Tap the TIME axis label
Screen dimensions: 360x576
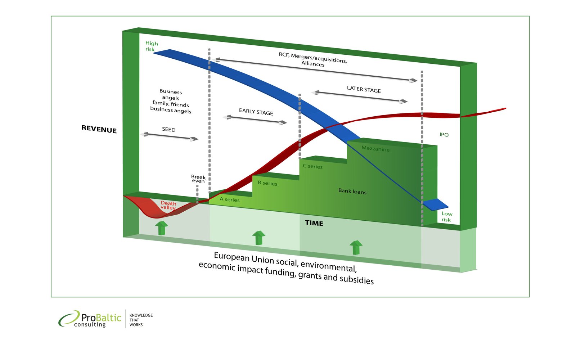[x=314, y=223]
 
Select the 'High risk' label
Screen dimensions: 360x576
[x=151, y=46]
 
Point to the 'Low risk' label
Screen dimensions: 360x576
[x=447, y=217]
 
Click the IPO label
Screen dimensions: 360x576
[x=444, y=135]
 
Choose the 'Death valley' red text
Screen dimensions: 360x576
[x=168, y=205]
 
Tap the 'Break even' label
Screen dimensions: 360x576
[x=198, y=179]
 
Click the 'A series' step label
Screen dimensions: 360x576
[x=229, y=199]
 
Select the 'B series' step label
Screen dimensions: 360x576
[x=267, y=183]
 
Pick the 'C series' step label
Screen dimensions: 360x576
[x=312, y=166]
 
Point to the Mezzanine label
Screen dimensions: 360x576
[x=375, y=149]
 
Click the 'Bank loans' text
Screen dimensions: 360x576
[x=352, y=191]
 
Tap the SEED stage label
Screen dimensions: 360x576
[x=168, y=130]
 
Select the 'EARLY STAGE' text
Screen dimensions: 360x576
[x=256, y=112]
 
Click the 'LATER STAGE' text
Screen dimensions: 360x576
[x=364, y=89]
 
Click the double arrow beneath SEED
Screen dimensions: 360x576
[x=169, y=136]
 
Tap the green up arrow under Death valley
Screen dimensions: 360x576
[x=161, y=228]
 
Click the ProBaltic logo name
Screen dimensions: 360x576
[x=101, y=318]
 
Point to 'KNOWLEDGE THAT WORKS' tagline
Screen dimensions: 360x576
[x=141, y=320]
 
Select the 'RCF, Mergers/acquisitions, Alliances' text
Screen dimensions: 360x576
[x=313, y=59]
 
